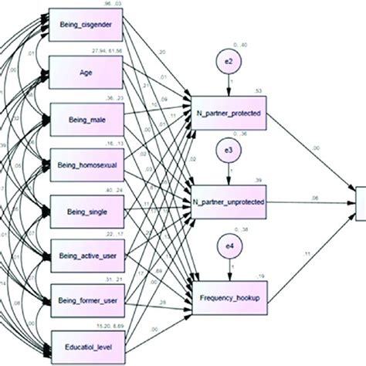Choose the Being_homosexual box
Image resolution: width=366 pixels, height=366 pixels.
[x=86, y=164]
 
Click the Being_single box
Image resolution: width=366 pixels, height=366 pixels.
[x=86, y=209]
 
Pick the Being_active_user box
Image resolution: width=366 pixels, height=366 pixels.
[x=86, y=252]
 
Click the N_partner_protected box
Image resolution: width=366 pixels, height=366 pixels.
[x=229, y=113]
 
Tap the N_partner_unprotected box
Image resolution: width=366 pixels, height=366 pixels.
[x=229, y=202]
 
